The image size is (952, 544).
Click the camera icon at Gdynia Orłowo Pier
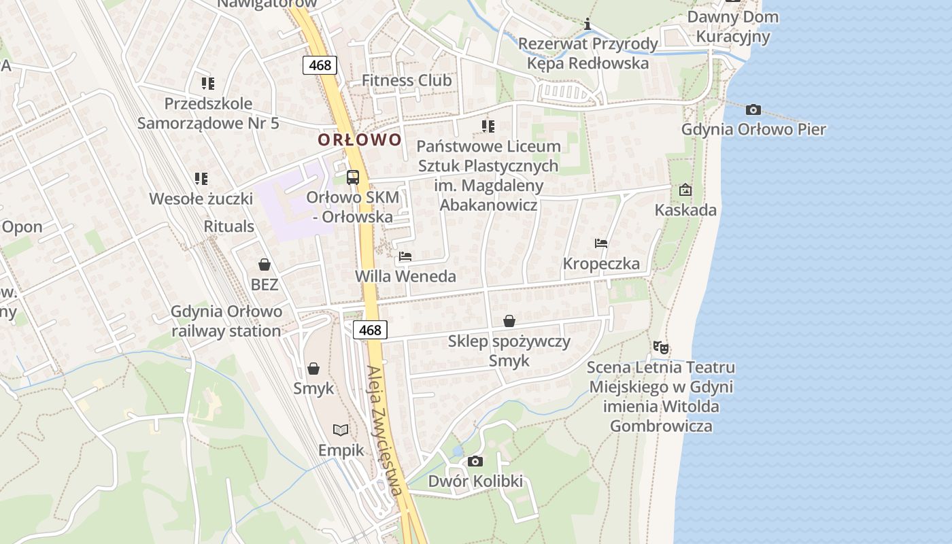(x=753, y=109)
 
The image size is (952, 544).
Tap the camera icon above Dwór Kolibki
(x=475, y=462)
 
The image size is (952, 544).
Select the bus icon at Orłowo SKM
(x=353, y=177)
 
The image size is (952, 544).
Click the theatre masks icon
(x=660, y=347)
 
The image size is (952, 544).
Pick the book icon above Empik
(x=341, y=430)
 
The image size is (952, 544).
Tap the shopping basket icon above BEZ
(x=265, y=265)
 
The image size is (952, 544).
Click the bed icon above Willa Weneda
(x=405, y=256)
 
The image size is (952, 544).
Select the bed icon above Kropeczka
(x=600, y=243)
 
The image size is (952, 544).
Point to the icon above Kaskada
(x=685, y=190)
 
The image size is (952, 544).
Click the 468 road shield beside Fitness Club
(x=320, y=65)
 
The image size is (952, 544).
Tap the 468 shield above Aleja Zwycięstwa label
(x=370, y=330)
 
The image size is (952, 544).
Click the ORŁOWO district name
(x=360, y=140)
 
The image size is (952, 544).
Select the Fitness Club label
(x=407, y=80)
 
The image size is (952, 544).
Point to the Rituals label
(x=229, y=226)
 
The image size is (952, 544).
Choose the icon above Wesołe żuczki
(x=201, y=179)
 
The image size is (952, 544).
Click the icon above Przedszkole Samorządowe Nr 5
(x=208, y=84)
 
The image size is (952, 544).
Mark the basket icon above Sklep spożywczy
(x=509, y=321)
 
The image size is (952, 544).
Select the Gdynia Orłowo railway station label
(x=226, y=322)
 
